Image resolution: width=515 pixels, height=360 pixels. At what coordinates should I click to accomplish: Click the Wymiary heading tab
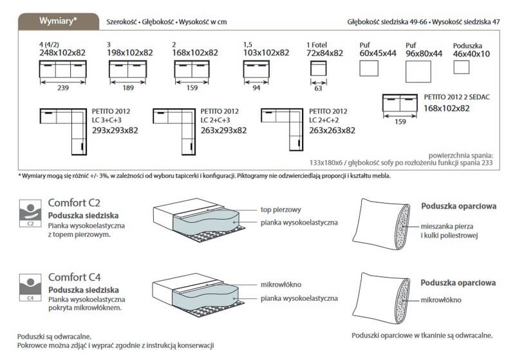pos(57,21)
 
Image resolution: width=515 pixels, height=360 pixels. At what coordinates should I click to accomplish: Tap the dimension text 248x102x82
pos(63,53)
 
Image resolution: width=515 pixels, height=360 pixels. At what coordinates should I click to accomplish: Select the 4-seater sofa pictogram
pos(63,69)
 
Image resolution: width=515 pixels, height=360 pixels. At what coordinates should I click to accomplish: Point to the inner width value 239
pos(63,88)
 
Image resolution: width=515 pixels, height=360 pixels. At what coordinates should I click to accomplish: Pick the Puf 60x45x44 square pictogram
pos(369,68)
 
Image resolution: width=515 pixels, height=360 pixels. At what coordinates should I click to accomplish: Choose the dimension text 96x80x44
pos(424,53)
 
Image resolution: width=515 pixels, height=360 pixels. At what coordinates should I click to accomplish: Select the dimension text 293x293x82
pos(115,130)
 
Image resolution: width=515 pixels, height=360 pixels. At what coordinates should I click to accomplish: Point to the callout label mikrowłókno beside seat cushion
pos(281,284)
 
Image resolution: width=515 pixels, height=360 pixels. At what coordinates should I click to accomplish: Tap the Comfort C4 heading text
pos(75,278)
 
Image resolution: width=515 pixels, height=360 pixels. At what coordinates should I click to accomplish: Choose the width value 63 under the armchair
pos(318,88)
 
